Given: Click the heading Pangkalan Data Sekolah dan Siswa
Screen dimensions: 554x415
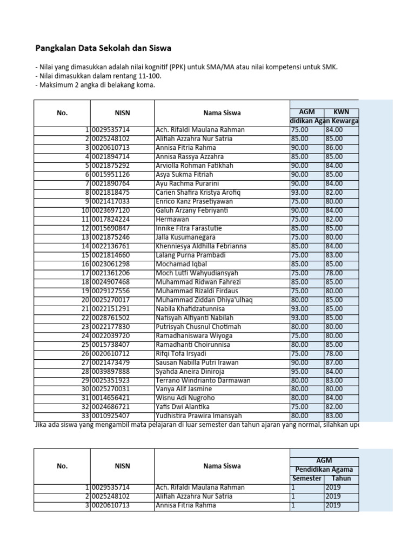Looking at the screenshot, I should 103,48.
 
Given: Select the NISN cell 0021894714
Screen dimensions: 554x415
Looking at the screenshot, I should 111,157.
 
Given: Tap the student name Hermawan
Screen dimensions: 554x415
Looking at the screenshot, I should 172,219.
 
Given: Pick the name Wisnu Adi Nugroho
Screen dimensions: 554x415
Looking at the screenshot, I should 185,398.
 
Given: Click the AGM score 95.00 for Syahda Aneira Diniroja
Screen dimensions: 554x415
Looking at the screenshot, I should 299,371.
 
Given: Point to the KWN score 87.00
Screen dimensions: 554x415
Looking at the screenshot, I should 333,362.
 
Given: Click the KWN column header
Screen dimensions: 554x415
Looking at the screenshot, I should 341,111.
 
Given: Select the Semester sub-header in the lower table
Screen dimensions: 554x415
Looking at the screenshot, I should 306,479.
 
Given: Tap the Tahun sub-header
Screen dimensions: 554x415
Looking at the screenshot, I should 341,479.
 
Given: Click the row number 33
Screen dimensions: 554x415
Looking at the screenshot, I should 85,416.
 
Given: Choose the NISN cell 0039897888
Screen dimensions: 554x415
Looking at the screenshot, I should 111,371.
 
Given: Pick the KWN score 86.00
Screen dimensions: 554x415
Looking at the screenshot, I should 333,148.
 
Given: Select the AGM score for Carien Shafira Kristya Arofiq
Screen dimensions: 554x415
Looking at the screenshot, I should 299,193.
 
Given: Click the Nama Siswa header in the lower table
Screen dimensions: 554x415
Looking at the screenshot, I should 222,466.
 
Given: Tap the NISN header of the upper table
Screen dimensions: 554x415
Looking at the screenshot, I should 122,113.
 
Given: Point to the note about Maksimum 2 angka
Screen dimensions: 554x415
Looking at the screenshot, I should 95,85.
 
